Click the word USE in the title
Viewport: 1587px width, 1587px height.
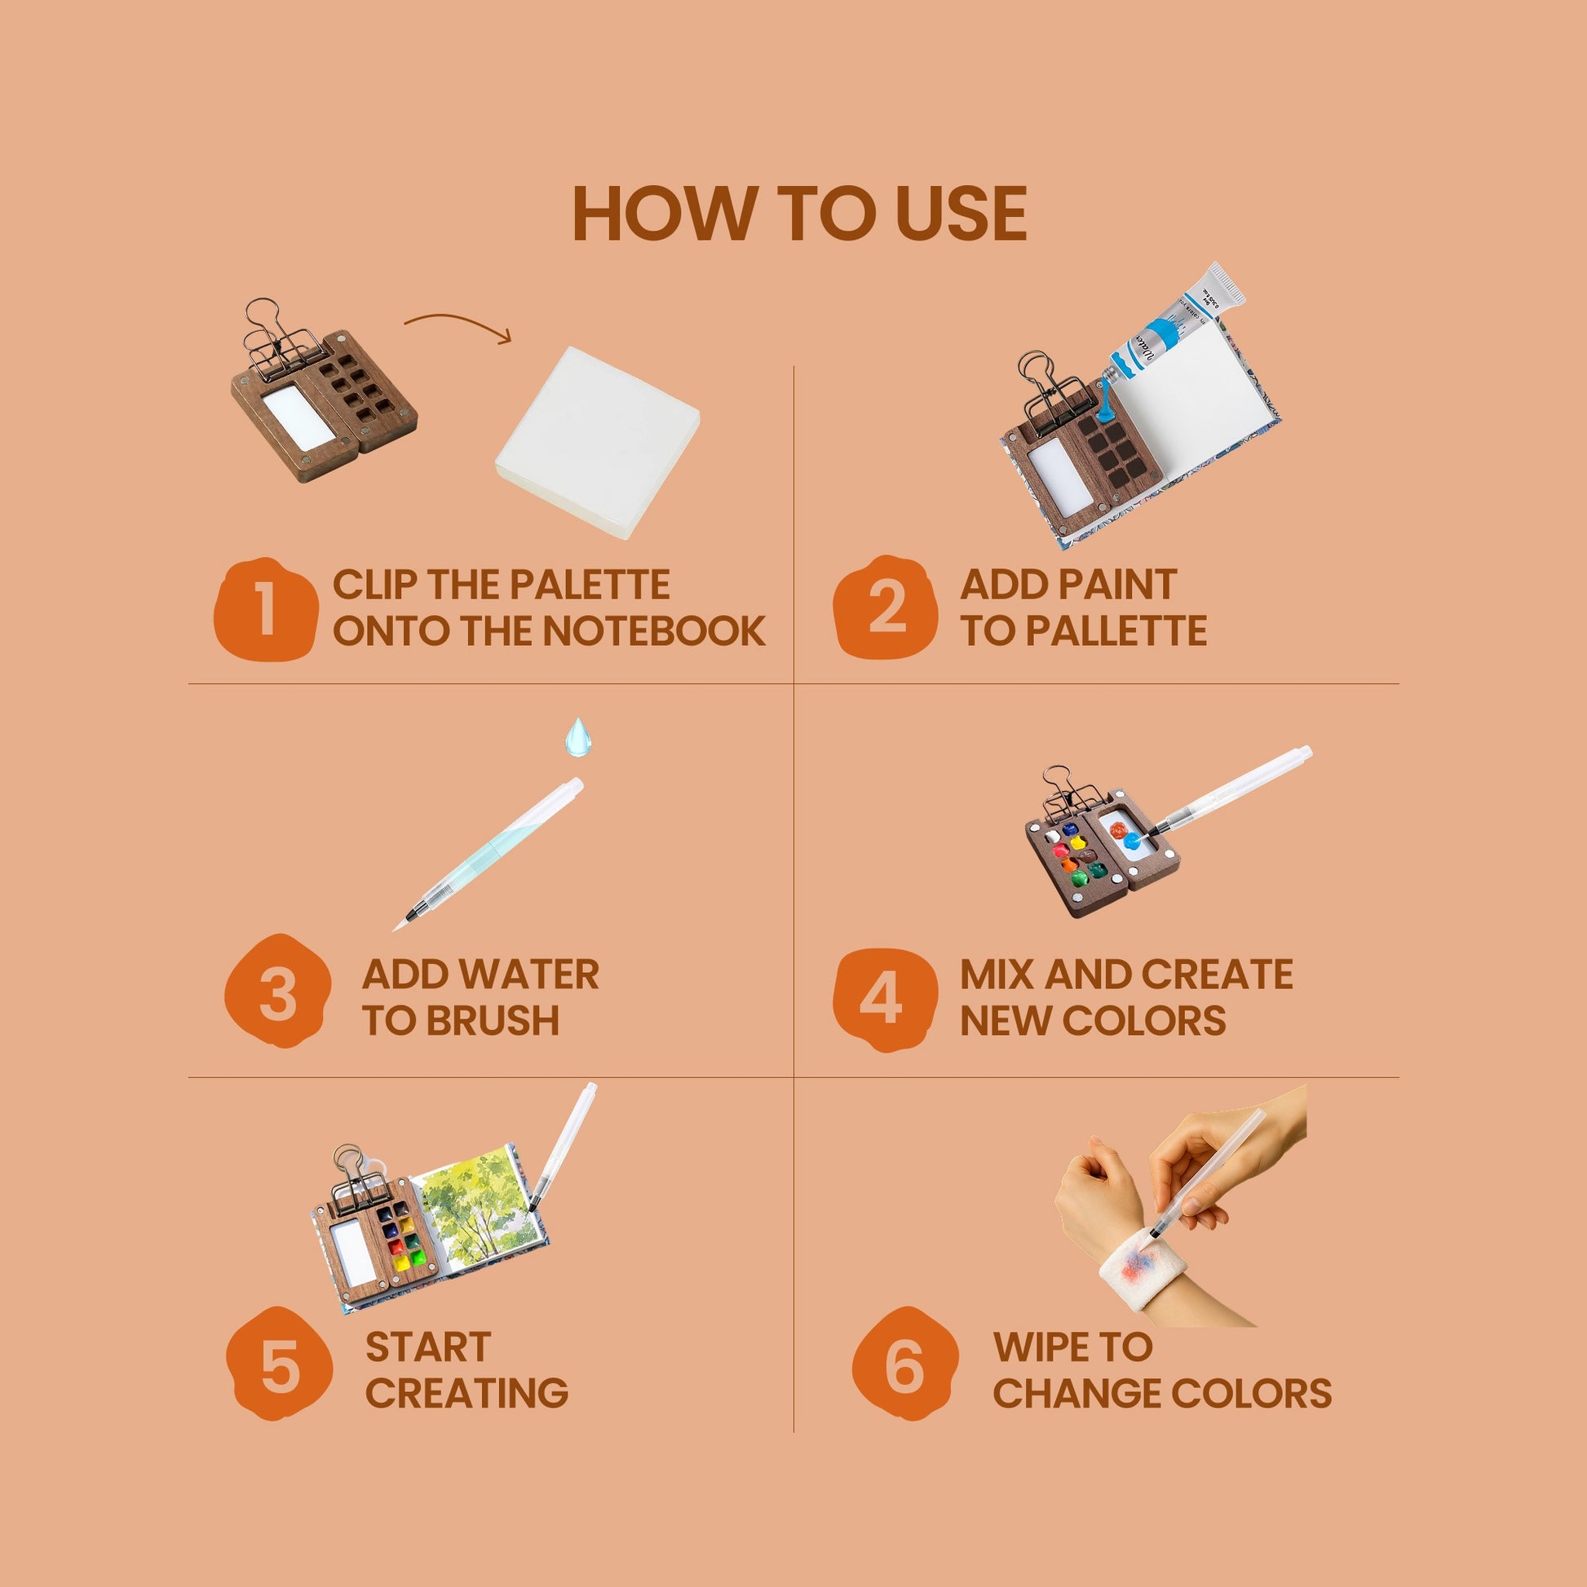pyautogui.click(x=961, y=214)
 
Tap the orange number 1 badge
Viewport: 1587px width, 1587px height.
pyautogui.click(x=265, y=608)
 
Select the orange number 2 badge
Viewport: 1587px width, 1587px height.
pyautogui.click(x=886, y=607)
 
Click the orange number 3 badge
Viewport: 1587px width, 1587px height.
pyautogui.click(x=277, y=991)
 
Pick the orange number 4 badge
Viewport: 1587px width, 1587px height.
pyautogui.click(x=885, y=1000)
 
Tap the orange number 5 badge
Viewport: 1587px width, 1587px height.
pyautogui.click(x=279, y=1364)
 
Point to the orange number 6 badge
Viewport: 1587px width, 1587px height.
pyautogui.click(x=905, y=1364)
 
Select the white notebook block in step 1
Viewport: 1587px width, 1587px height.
pyautogui.click(x=597, y=442)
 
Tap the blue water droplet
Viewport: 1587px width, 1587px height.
pyautogui.click(x=577, y=737)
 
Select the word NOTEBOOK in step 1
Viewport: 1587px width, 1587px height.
pyautogui.click(x=654, y=631)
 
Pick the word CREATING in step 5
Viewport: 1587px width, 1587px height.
pyautogui.click(x=466, y=1393)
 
